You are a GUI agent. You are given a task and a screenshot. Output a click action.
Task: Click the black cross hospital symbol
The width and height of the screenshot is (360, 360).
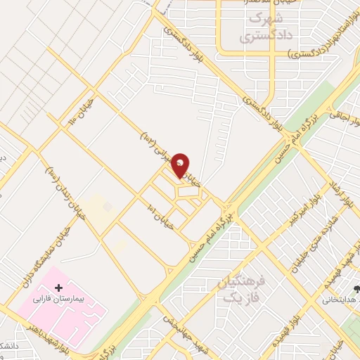pos(58,288)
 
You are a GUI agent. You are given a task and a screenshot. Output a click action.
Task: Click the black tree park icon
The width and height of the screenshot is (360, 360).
pos(356,288)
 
